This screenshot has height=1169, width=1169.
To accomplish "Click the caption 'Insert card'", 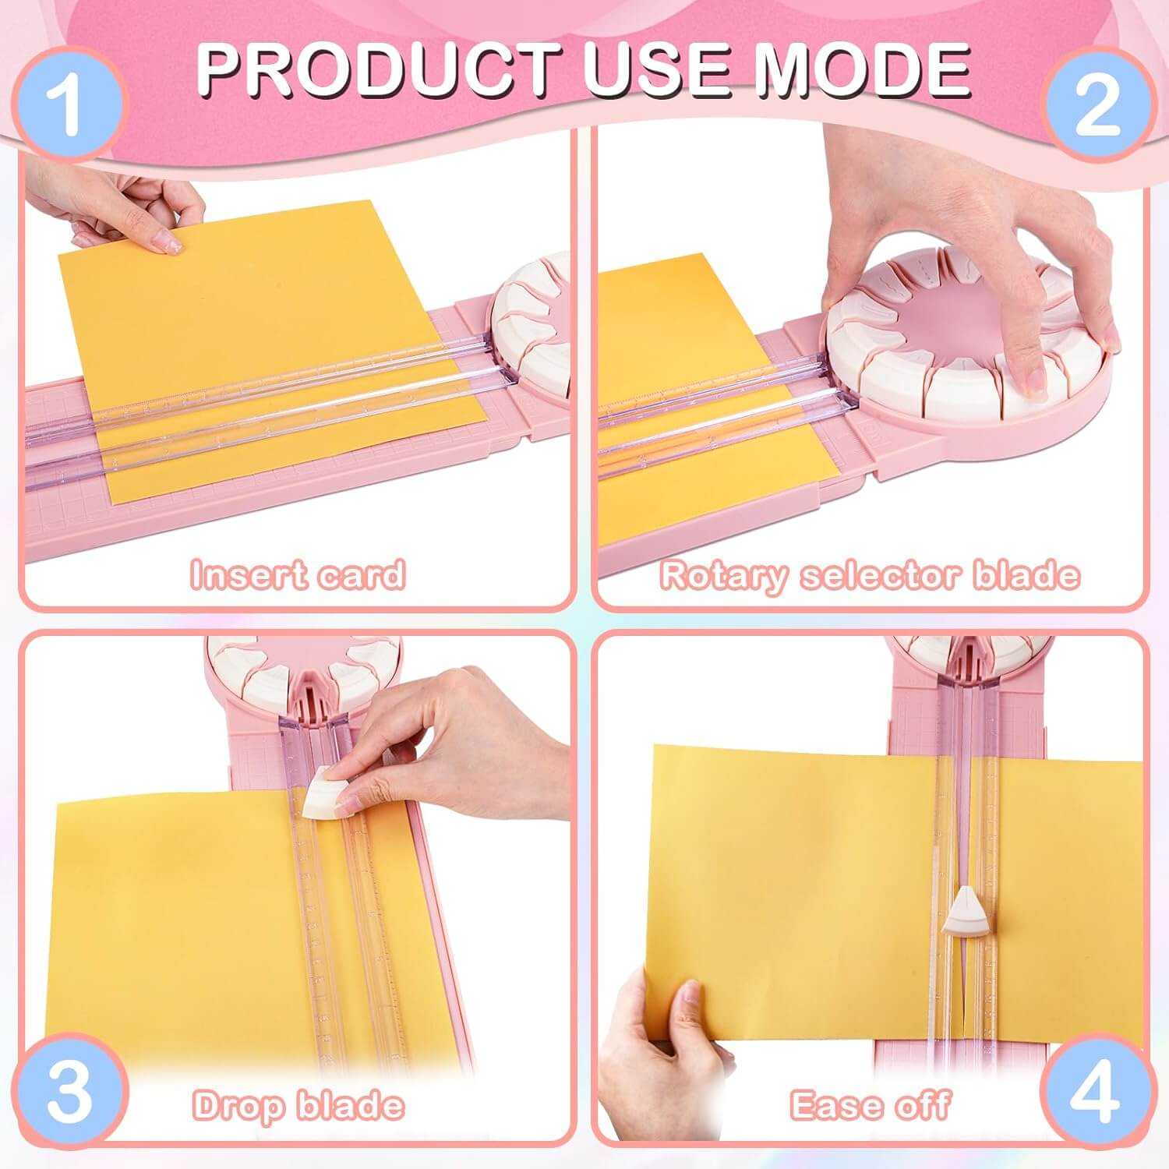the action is (x=298, y=574).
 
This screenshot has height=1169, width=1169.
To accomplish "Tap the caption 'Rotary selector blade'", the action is (x=870, y=575).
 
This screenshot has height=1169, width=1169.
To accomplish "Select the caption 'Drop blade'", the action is (x=298, y=1105).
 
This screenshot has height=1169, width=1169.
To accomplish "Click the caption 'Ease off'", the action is (x=870, y=1105).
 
